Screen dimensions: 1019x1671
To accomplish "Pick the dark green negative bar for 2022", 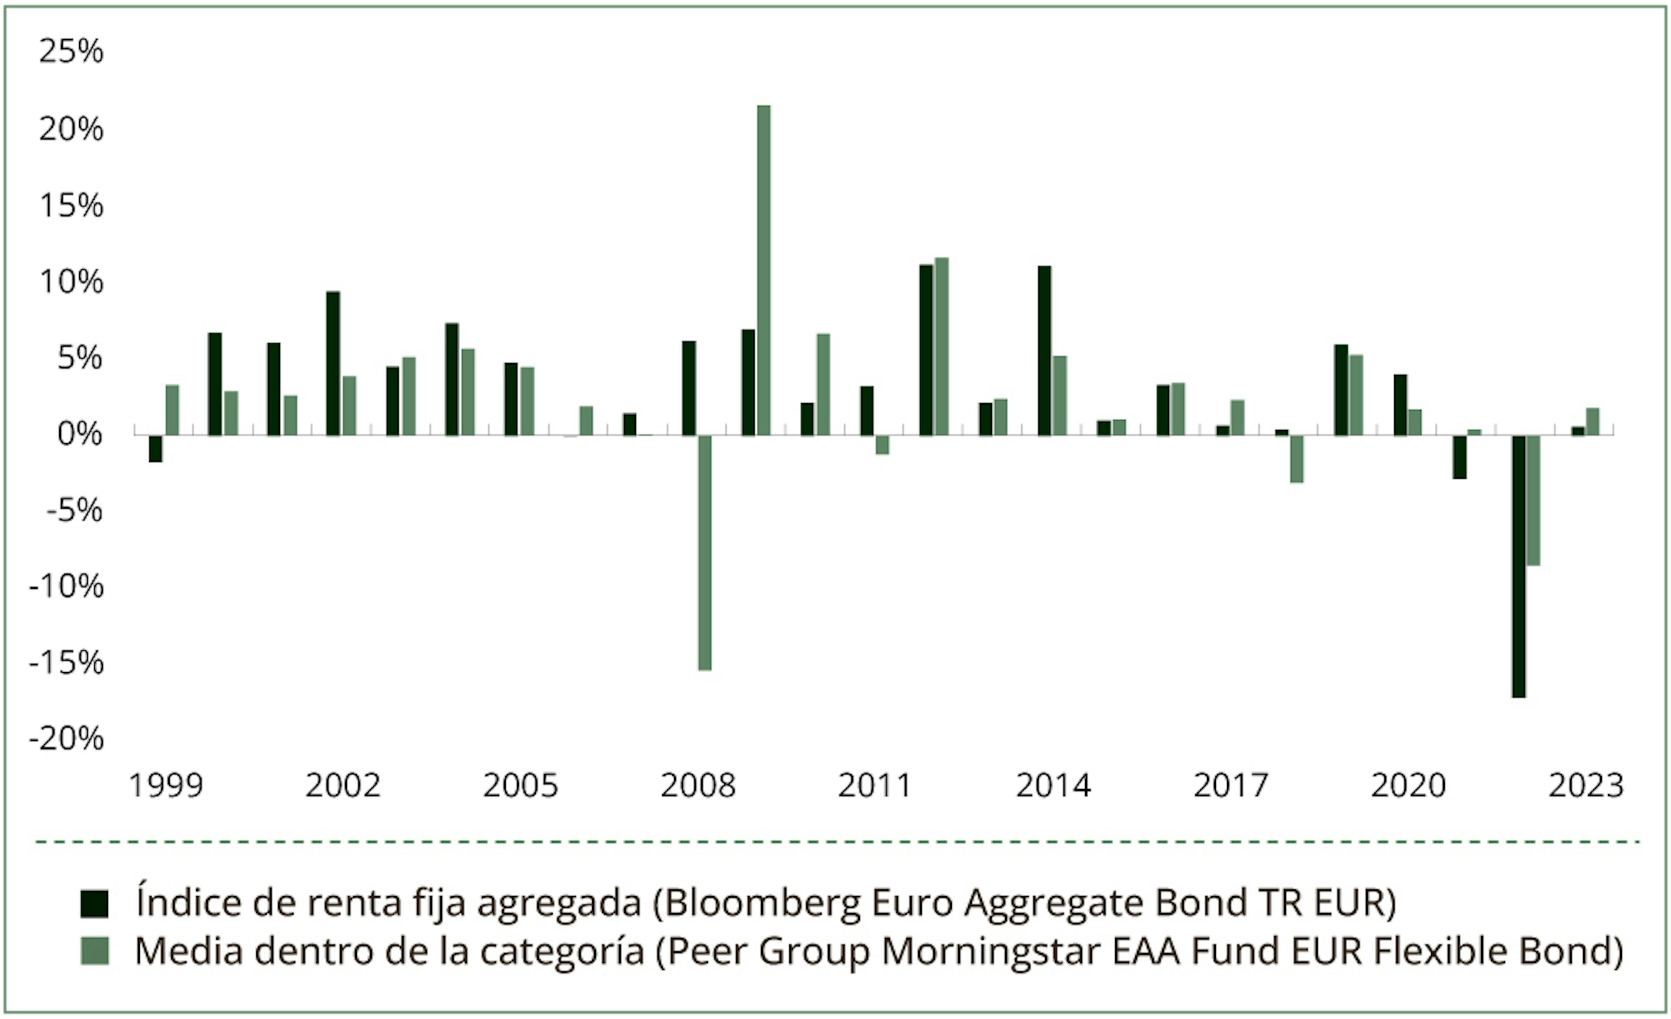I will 1518,566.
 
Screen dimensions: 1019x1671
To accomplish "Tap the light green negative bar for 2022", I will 1533,500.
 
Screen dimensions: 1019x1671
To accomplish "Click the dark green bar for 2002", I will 333,363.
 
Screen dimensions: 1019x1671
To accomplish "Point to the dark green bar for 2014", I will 1044,351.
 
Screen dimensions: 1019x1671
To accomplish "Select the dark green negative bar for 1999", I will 155,449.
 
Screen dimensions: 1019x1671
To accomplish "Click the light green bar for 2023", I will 1592,421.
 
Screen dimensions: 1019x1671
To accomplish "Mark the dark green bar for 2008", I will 688,388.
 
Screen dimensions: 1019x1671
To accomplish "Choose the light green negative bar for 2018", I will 1297,459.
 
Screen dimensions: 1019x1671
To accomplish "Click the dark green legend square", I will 94,904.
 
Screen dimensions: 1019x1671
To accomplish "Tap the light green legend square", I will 94,951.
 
